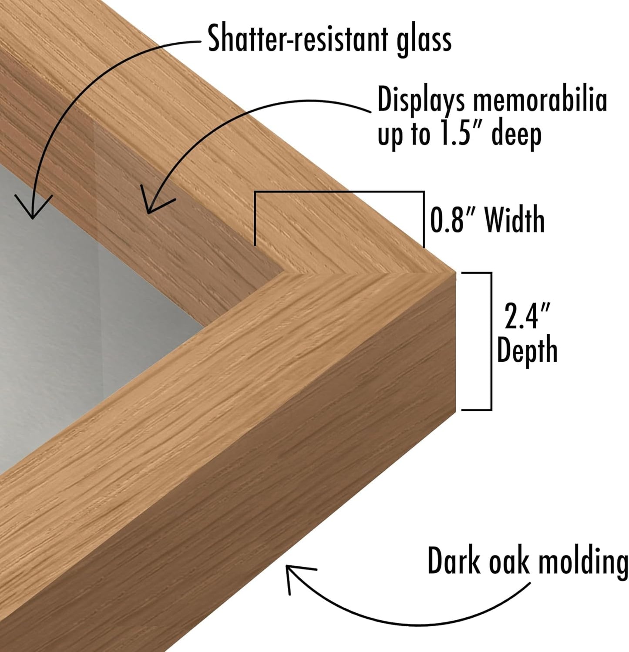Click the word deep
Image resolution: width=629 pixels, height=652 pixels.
(517, 135)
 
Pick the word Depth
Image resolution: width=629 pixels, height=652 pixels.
(527, 350)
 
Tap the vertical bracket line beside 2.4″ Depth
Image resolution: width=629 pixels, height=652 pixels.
(491, 341)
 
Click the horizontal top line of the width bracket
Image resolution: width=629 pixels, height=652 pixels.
(339, 192)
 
